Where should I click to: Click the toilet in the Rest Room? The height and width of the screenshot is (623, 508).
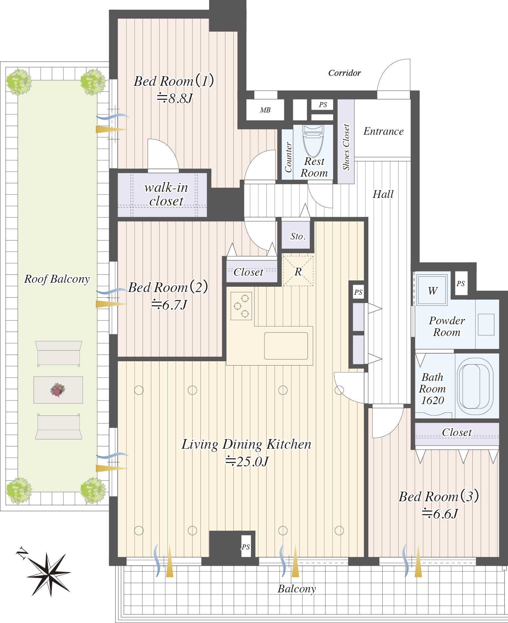click(314, 140)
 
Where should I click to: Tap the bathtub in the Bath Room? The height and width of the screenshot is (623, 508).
click(475, 386)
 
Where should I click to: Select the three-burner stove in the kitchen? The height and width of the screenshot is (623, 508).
click(241, 306)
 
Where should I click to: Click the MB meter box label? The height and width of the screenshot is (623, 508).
click(265, 110)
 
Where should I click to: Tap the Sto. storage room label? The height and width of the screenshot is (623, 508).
click(298, 236)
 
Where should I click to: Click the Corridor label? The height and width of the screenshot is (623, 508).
click(344, 73)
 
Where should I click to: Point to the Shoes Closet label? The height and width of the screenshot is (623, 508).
click(346, 147)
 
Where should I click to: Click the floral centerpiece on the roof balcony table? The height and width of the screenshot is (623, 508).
click(58, 390)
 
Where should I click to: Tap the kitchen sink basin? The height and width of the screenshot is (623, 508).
click(286, 346)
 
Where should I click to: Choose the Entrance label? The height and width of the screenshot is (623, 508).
click(383, 131)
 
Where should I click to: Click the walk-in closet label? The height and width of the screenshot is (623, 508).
click(166, 194)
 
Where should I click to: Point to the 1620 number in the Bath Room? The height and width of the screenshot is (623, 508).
click(433, 400)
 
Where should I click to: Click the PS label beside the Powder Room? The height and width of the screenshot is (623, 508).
click(460, 283)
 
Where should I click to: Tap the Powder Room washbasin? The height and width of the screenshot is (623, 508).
click(486, 324)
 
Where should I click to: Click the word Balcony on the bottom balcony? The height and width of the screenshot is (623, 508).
click(297, 589)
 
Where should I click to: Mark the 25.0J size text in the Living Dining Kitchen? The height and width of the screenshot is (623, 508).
click(247, 461)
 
